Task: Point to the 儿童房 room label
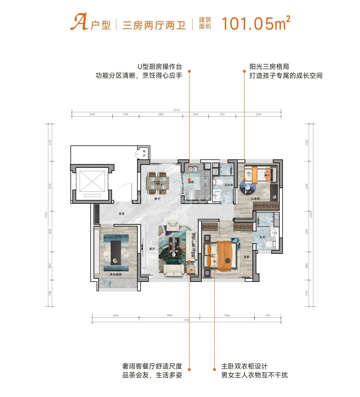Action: (256, 198)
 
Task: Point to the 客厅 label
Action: (152, 249)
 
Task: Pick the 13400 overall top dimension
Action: (176, 110)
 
